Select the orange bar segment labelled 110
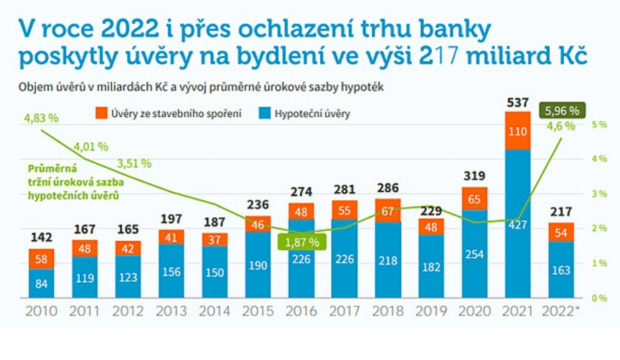518,131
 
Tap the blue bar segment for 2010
42,283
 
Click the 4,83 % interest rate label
41,118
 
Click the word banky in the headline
451,29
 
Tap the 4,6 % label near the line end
560,126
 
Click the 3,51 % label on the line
133,164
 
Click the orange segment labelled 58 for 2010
42,258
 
